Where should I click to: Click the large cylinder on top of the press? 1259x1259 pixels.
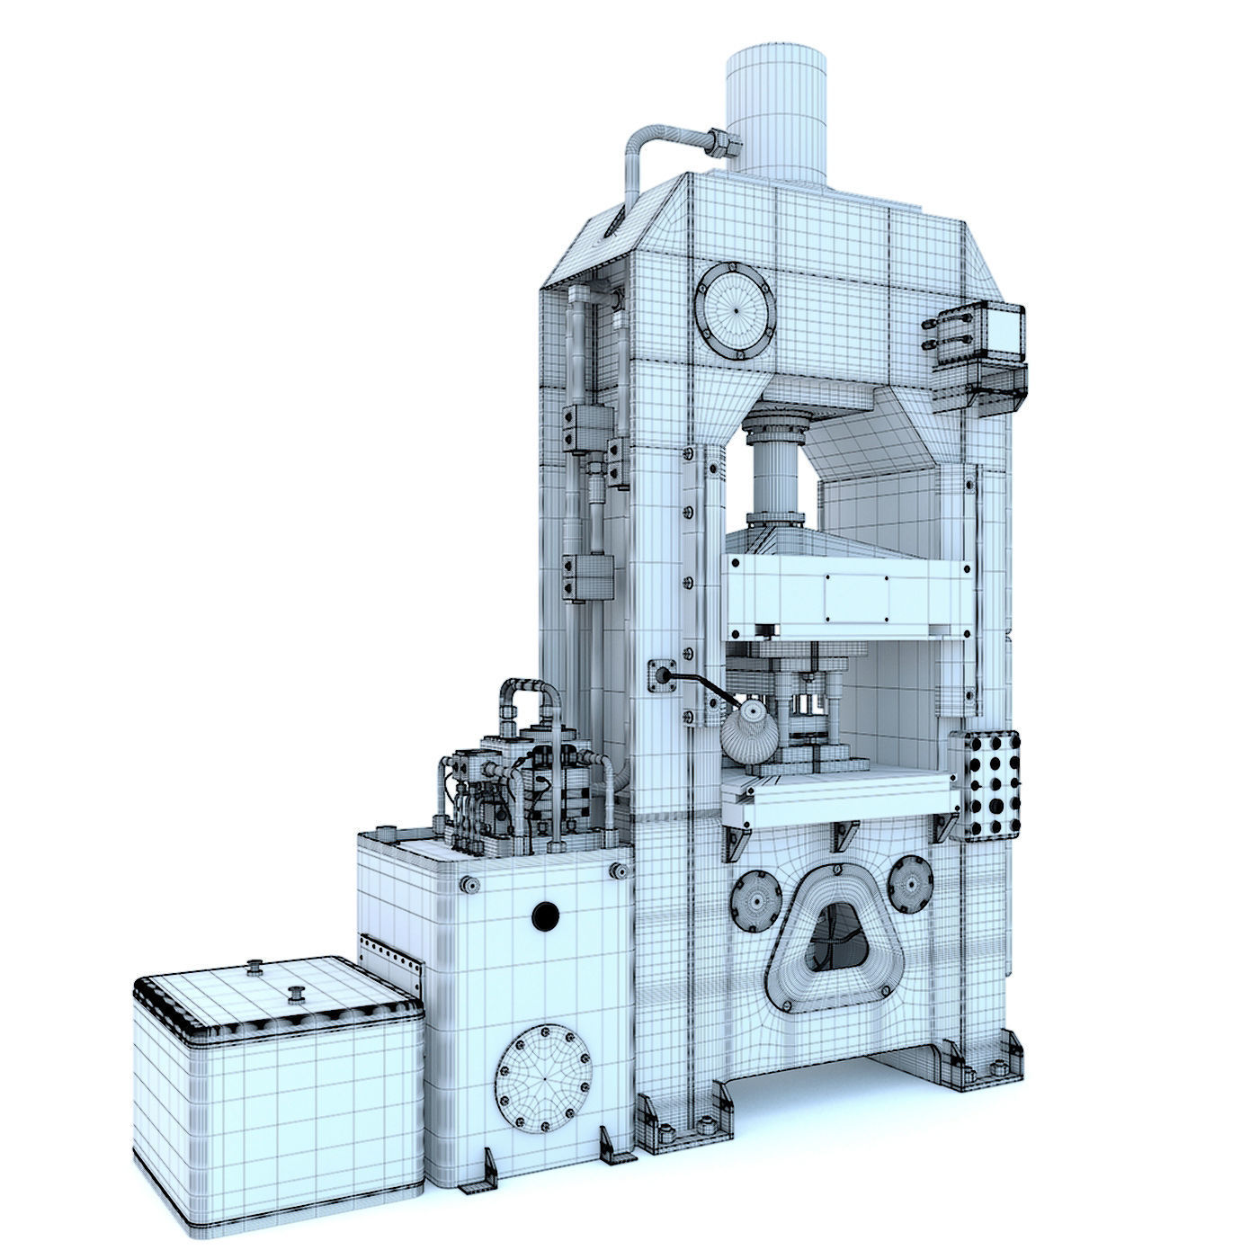coord(775,112)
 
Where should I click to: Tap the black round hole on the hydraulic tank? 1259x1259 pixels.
coord(545,915)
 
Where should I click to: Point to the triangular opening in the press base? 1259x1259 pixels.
coord(833,941)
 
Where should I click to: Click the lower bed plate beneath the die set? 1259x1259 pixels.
coord(836,796)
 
